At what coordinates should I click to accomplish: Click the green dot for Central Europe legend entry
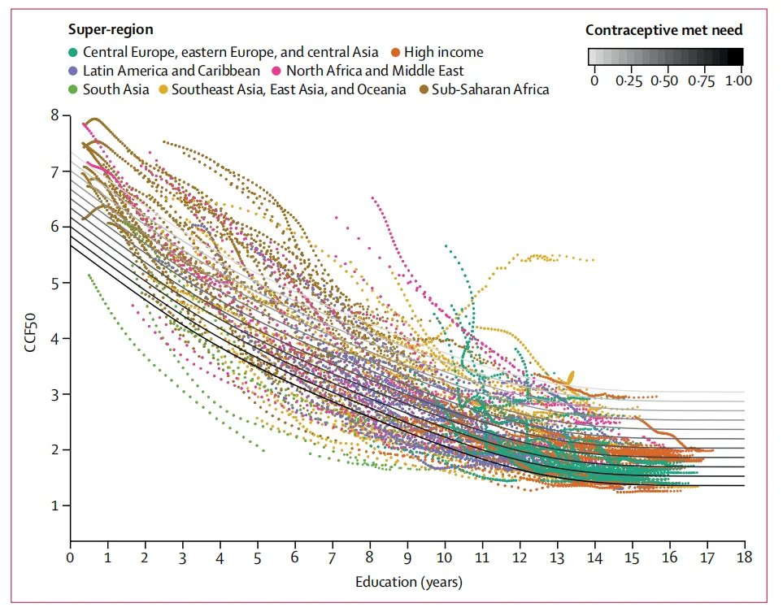click(x=73, y=52)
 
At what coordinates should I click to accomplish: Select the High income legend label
click(x=444, y=52)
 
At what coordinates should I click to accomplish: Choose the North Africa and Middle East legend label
click(x=375, y=71)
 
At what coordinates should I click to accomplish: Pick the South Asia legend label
click(x=115, y=89)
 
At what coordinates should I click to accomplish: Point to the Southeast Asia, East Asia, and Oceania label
click(x=289, y=89)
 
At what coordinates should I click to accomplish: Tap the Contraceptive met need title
click(x=664, y=31)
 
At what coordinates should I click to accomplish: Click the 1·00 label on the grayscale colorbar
click(x=737, y=80)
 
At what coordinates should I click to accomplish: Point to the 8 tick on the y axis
click(x=55, y=115)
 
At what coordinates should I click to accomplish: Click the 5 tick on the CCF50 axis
click(x=55, y=283)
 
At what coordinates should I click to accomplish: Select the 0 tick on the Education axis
click(x=71, y=558)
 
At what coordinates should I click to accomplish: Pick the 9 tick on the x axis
click(x=407, y=558)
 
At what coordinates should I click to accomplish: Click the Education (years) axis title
click(x=409, y=582)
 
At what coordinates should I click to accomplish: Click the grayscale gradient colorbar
click(x=666, y=56)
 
